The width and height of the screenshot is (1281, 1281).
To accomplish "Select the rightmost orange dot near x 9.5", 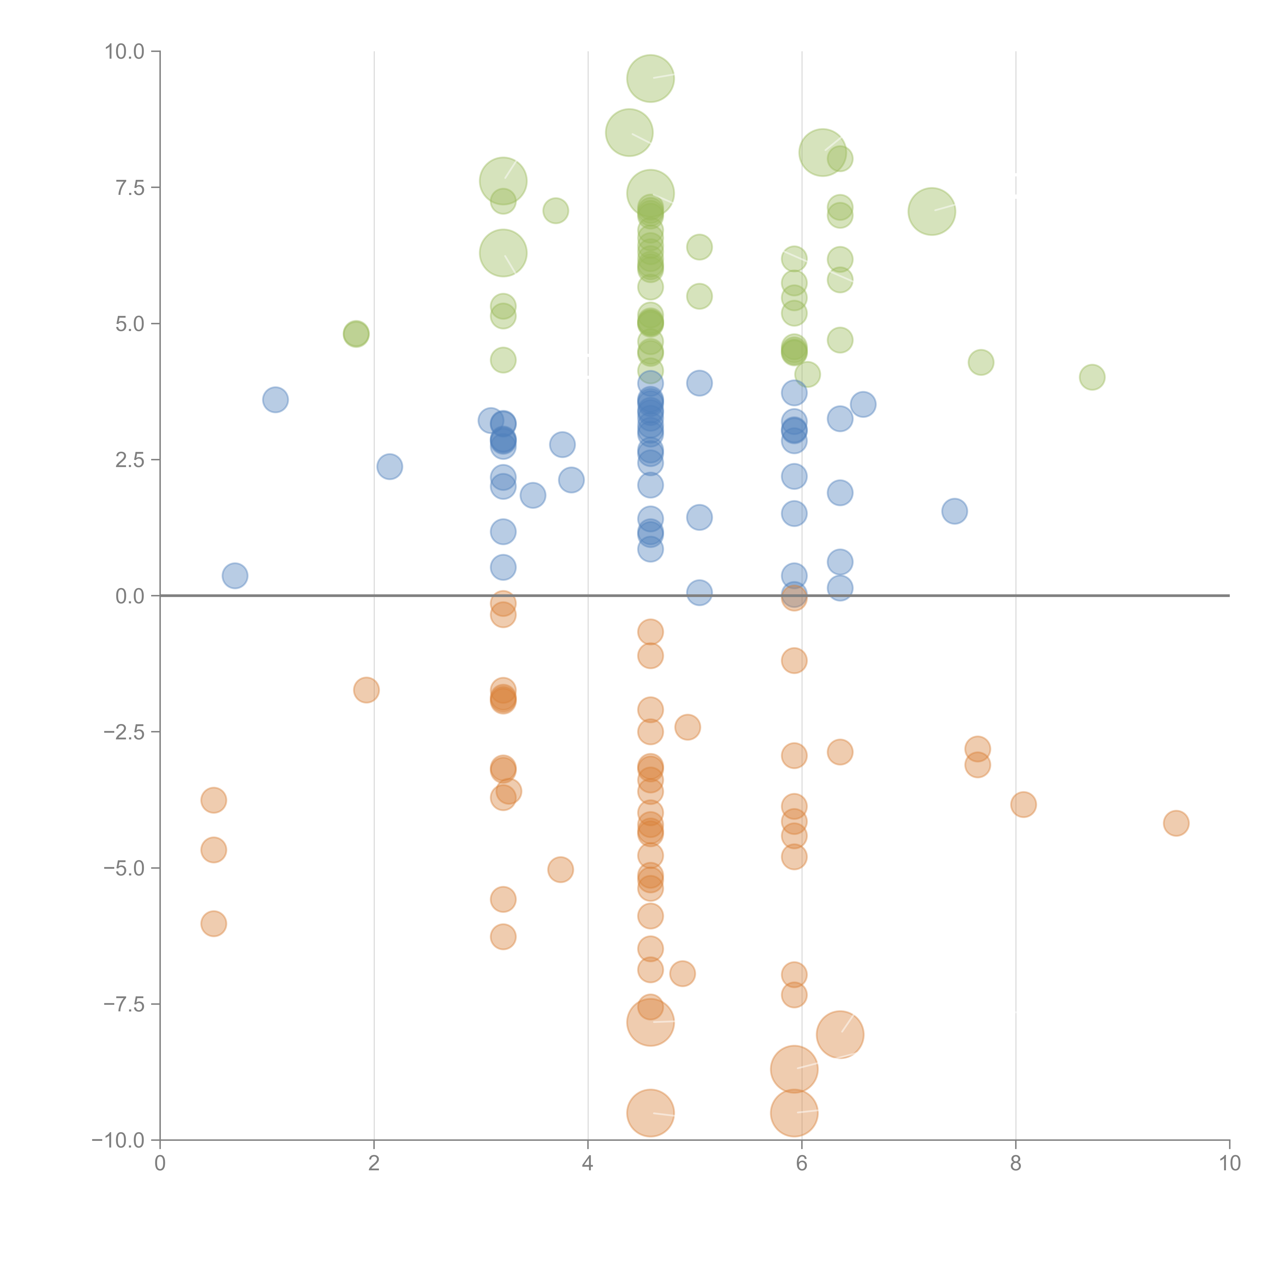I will pos(1176,823).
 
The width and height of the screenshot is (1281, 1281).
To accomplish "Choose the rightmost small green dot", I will pos(1092,377).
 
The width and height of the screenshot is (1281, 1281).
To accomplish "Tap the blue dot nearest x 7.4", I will pos(954,511).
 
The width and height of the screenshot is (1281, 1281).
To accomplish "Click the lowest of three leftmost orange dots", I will pos(213,924).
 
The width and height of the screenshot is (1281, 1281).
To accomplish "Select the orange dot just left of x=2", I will pos(366,690).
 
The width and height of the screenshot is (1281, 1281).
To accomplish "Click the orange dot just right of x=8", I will pos(1023,805).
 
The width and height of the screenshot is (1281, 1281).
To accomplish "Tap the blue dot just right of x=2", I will pos(389,467).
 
